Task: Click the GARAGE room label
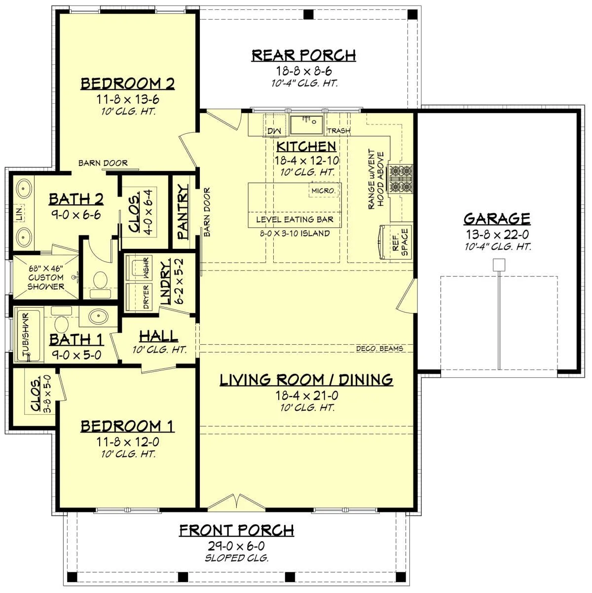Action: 497,219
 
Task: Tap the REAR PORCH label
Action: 303,55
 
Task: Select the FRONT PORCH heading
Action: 236,530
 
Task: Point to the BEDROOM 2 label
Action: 128,83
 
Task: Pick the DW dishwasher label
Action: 274,130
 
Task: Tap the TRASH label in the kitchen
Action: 338,130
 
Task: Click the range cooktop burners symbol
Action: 401,179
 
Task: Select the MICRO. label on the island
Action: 324,190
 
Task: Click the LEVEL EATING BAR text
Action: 295,220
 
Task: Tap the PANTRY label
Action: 183,212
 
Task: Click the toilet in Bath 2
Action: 101,280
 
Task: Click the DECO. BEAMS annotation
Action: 379,349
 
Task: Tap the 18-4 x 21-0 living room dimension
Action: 306,395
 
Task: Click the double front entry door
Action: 237,501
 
